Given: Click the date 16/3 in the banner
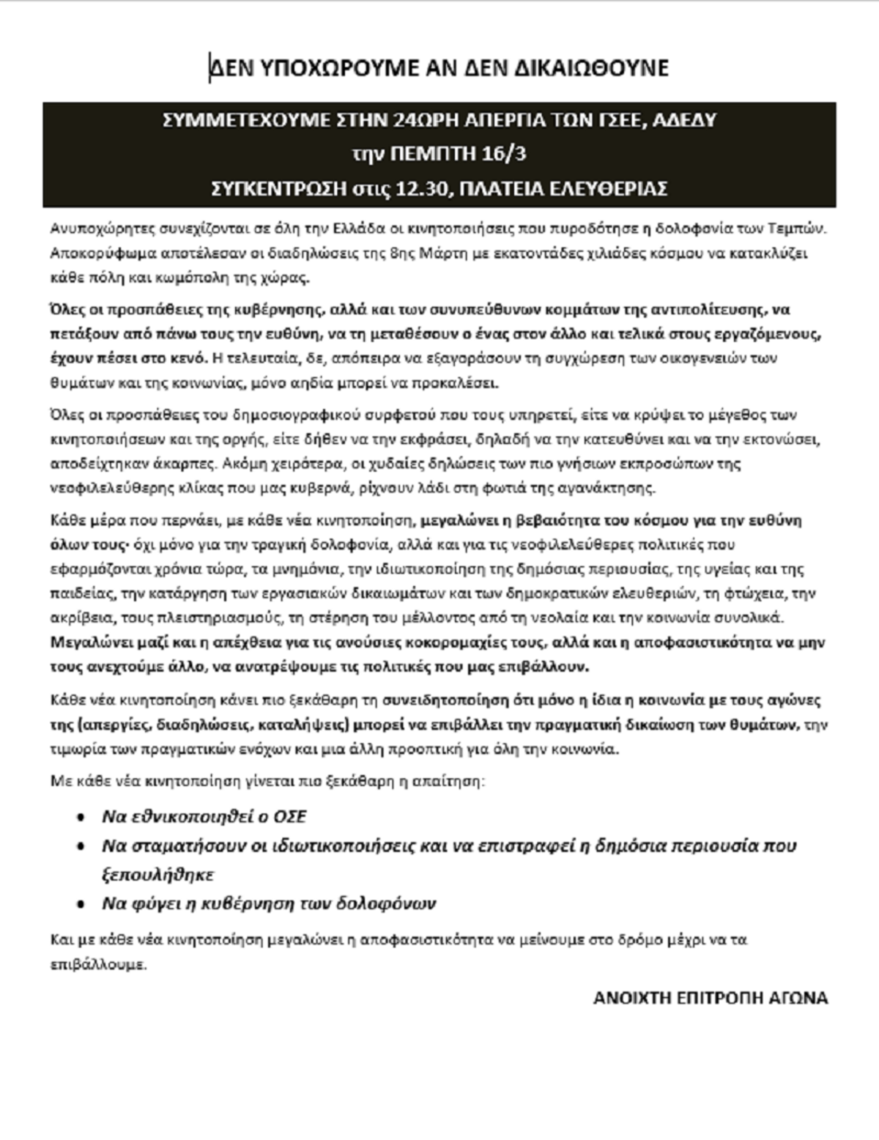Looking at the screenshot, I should coord(505,155).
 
